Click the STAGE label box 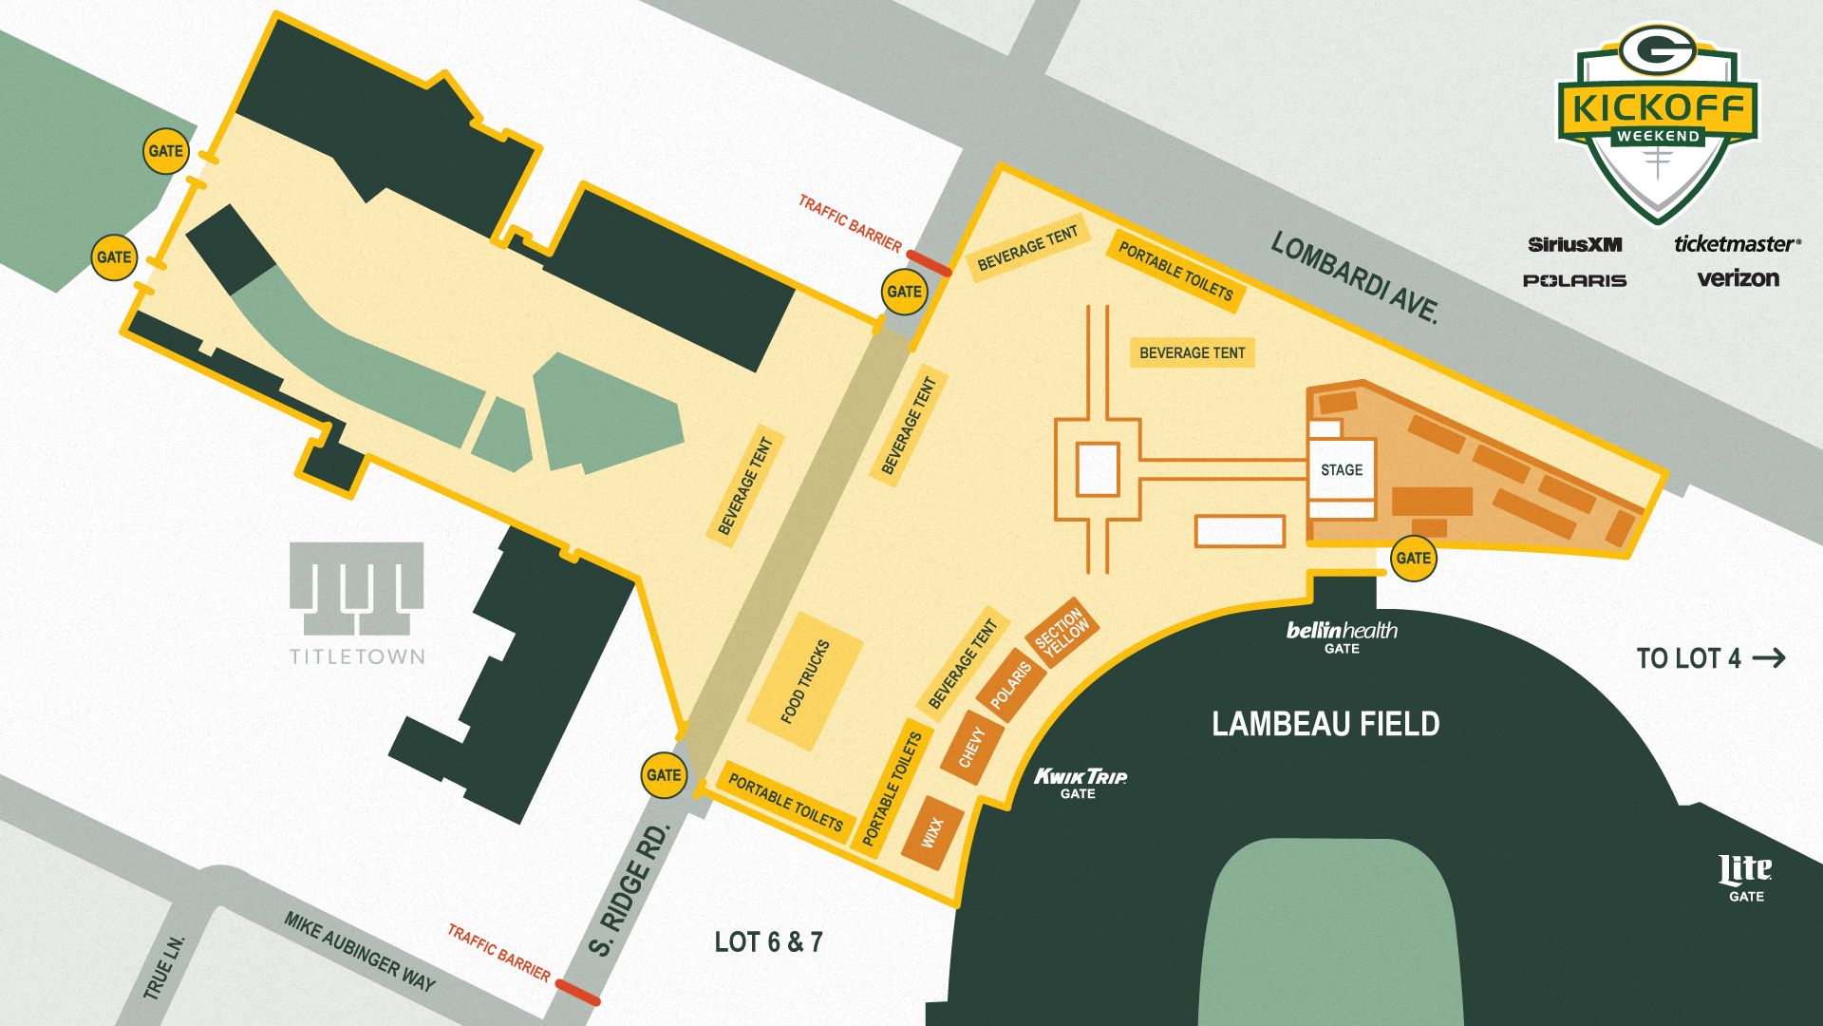point(1341,469)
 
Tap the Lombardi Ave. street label point(1355,277)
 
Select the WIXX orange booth point(932,833)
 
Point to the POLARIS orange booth point(1010,685)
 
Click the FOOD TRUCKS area point(804,681)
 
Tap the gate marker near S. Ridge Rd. point(663,774)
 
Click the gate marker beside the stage point(1413,558)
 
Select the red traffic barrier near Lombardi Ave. point(929,263)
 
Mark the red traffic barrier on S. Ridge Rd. point(577,993)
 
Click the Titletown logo point(356,602)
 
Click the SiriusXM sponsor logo point(1574,244)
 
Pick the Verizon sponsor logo point(1738,278)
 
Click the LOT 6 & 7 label point(768,941)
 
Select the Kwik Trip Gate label point(1080,783)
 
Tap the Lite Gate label point(1745,878)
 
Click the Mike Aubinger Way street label point(359,951)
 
